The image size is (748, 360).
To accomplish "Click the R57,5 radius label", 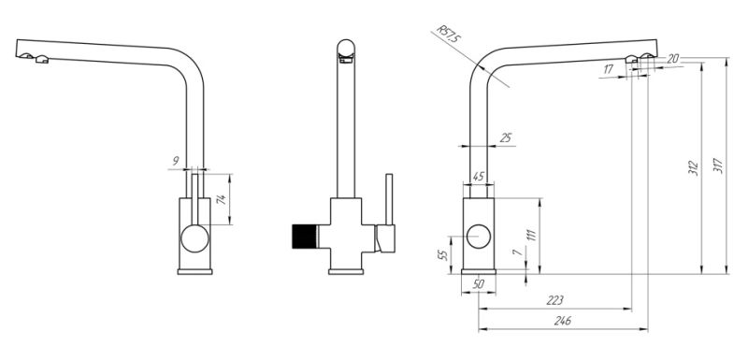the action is pos(450,36).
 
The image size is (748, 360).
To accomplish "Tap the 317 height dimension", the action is pos(718,166).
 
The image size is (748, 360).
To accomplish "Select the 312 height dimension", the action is pos(694,167).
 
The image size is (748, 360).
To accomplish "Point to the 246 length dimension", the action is pos(563,321).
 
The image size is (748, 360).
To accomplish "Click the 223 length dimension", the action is pos(554,300).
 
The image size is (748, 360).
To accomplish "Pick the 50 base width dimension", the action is pos(478,284).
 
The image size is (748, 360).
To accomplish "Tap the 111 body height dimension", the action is pos(532,236).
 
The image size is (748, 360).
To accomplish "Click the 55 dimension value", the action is pos(443,255).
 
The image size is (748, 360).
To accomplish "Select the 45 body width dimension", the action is pos(478,177).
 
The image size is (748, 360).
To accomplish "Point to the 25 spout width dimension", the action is pos(505,137).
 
